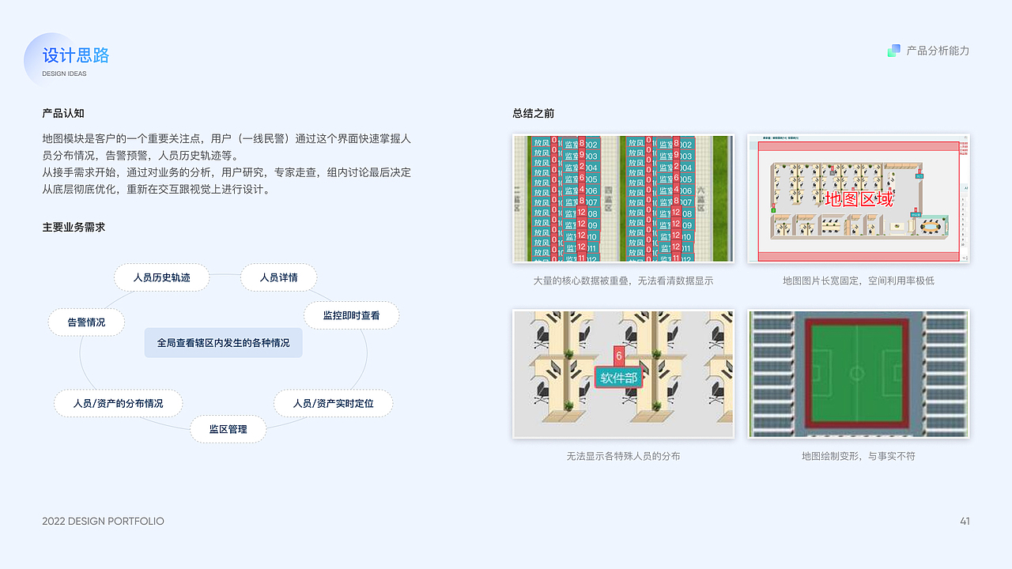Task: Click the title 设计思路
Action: coord(76,55)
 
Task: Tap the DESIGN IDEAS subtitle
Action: coord(64,74)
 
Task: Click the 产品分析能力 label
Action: coord(938,51)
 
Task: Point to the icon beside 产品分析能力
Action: coord(894,51)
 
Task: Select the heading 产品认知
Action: coord(63,113)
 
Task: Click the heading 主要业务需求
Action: coord(74,227)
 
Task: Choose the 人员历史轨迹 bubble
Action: coord(162,277)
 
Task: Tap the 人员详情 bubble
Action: coord(278,277)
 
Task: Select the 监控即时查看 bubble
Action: coord(351,315)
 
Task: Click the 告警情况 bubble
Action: coord(86,322)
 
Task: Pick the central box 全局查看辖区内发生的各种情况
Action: coord(223,343)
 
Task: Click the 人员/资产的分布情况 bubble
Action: coord(118,403)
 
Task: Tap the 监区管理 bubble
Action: coord(228,429)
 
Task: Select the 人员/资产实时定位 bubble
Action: coord(333,403)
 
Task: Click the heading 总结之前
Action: coord(533,113)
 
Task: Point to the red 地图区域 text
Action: coord(859,198)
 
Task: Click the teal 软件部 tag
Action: coord(618,378)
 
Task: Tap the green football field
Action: coord(858,373)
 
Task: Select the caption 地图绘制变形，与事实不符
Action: coord(858,456)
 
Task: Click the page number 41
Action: coord(965,521)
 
